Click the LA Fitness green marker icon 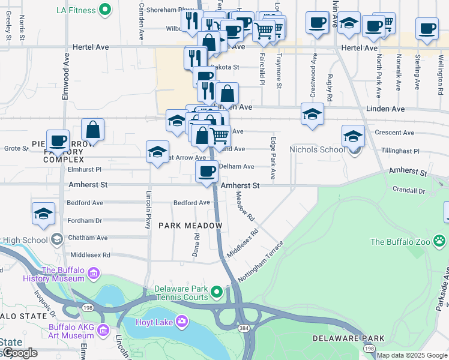[x=106, y=10]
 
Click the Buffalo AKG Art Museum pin [x=103, y=330]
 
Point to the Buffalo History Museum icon [x=93, y=275]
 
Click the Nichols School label [x=317, y=149]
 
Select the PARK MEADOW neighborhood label [x=190, y=226]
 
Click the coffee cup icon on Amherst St [x=206, y=172]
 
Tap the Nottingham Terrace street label [x=260, y=262]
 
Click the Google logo [x=20, y=353]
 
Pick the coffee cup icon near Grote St [x=58, y=142]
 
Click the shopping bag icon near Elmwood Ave [x=93, y=130]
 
